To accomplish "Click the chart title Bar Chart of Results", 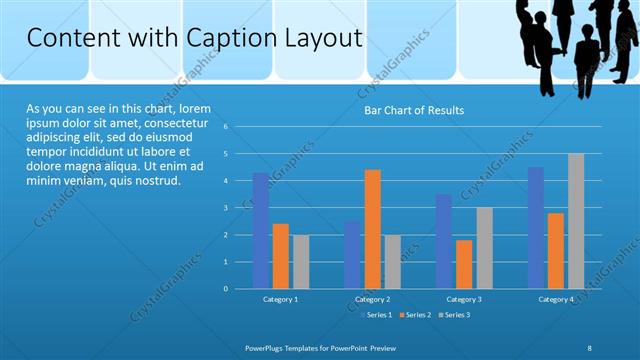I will coord(413,110).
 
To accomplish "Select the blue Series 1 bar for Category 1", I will coord(261,230).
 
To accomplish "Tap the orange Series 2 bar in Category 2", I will coord(372,229).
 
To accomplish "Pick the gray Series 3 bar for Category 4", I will coord(576,221).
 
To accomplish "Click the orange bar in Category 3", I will coord(464,264).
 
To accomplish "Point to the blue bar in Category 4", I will coord(536,228).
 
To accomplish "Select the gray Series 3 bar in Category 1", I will coord(301,261).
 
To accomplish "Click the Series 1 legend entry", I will coord(375,315).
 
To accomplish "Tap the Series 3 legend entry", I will coord(453,315).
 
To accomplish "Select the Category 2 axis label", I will coord(372,299).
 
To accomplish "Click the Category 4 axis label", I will coord(556,299).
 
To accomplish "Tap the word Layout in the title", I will coord(322,38).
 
